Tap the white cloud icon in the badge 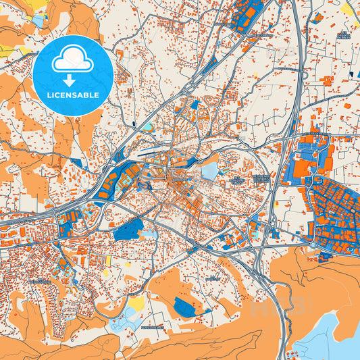coord(72,61)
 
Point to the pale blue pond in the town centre coord(210,170)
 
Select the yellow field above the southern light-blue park coord(136,305)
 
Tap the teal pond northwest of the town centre coord(147,126)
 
